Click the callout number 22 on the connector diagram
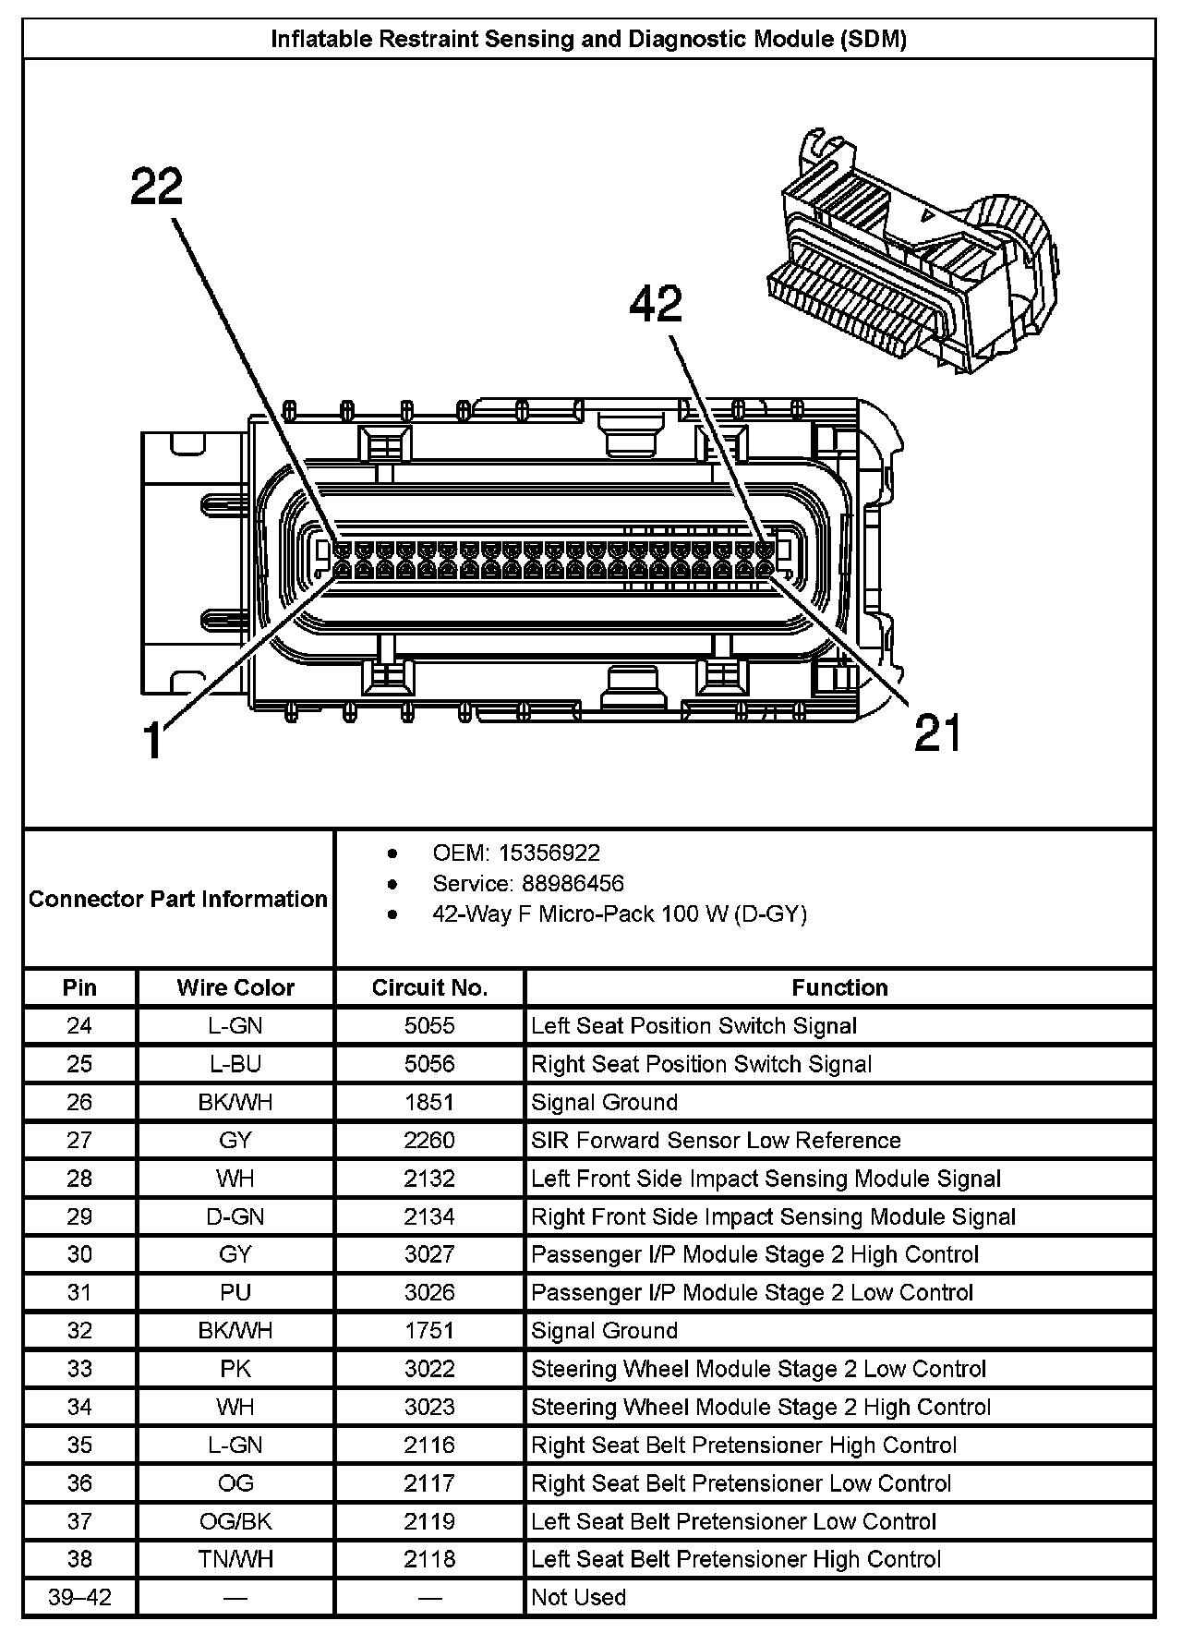click(157, 187)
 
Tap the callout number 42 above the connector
click(656, 304)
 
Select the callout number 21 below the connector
click(938, 732)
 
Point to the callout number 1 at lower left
click(153, 741)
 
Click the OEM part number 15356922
click(549, 853)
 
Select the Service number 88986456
click(573, 883)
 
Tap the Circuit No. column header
click(429, 987)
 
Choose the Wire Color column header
click(235, 987)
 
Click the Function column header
click(839, 987)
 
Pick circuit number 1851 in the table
click(429, 1102)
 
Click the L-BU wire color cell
click(235, 1064)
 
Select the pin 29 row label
click(80, 1216)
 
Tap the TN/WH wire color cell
click(235, 1559)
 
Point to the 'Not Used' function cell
click(579, 1597)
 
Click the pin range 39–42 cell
click(80, 1597)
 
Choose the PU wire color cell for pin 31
click(235, 1292)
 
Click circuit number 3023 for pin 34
click(429, 1407)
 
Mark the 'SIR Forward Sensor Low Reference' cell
click(716, 1140)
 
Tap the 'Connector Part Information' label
click(178, 899)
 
